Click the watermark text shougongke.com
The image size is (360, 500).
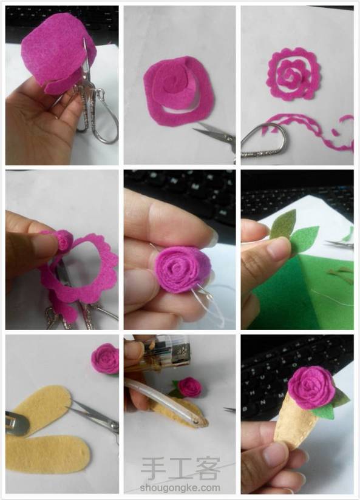(x=180, y=488)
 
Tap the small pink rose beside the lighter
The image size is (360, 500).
(x=189, y=387)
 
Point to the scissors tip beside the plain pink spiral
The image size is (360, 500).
(x=194, y=129)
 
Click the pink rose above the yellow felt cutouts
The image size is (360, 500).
(x=104, y=359)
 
